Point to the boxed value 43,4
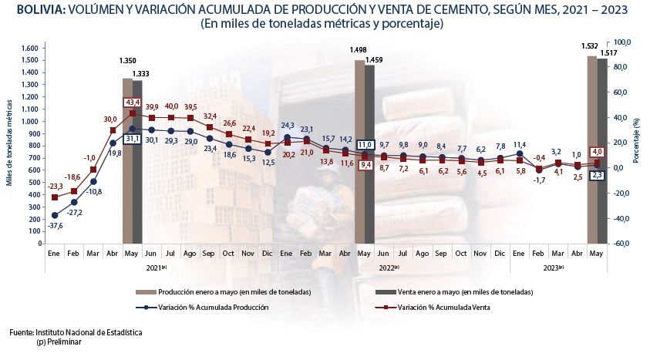pos(132,103)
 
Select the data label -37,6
pos(54,226)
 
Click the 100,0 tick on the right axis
pos(621,42)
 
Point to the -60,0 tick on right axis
pos(621,244)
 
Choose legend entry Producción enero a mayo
pos(234,293)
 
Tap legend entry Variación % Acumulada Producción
pos(213,308)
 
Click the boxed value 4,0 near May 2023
pos(595,152)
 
